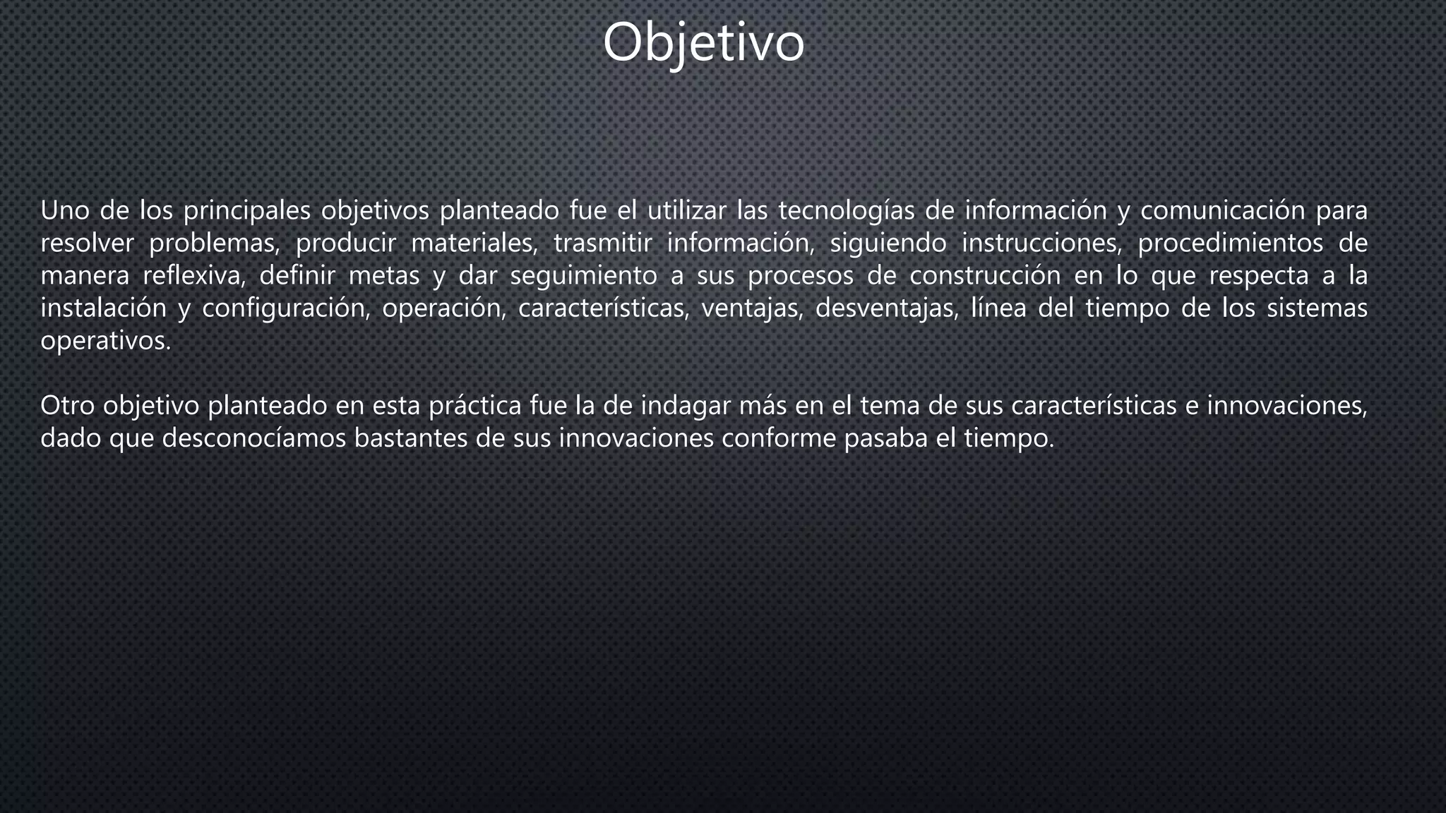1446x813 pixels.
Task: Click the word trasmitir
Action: click(x=602, y=243)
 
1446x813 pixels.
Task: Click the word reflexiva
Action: click(x=193, y=276)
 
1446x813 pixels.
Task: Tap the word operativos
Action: click(x=105, y=342)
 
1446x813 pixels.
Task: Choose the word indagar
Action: click(x=683, y=406)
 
